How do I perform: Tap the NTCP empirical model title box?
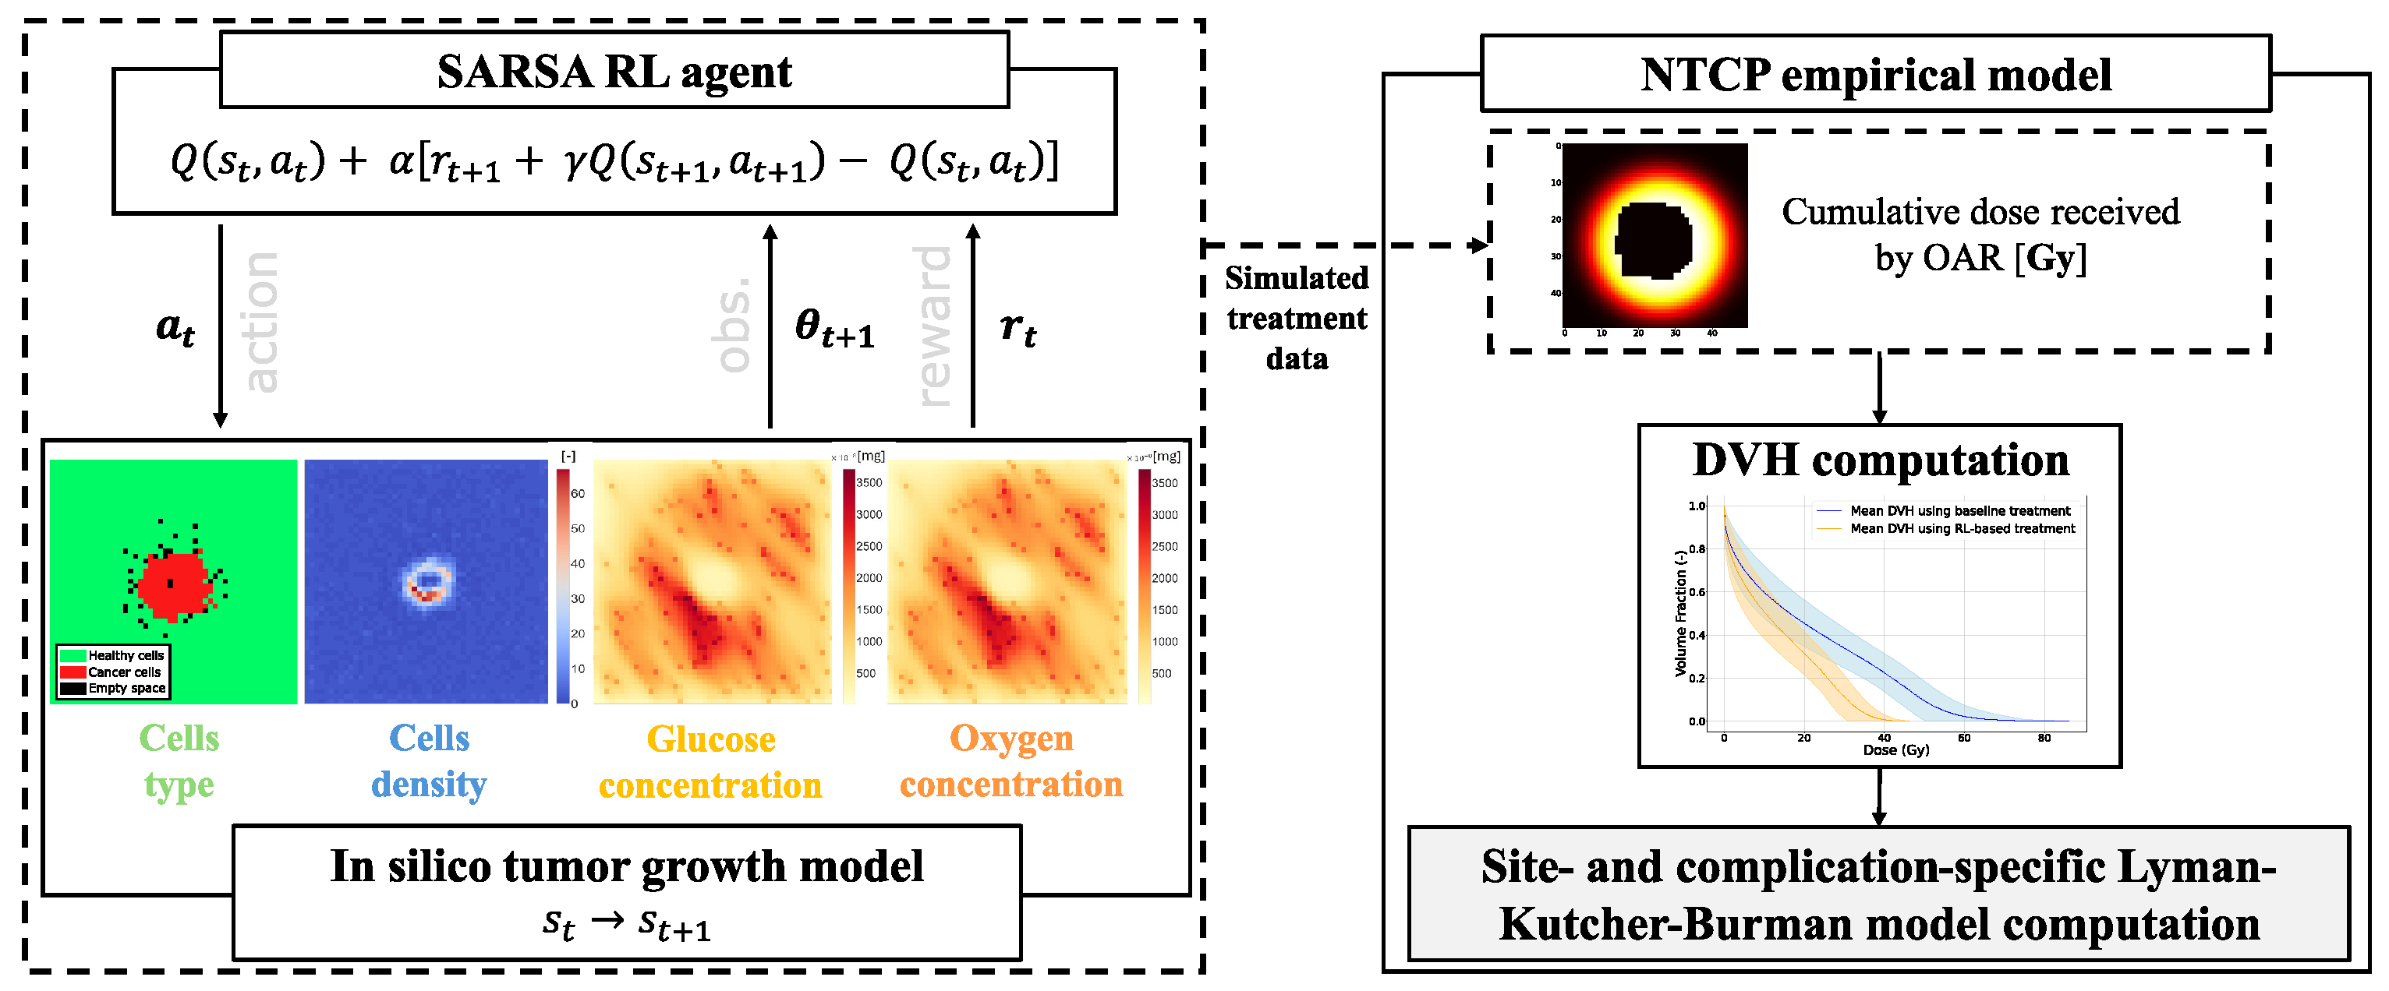[1875, 74]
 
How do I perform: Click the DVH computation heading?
[1880, 460]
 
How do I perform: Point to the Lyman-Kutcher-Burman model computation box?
[1878, 894]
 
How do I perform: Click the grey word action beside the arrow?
[260, 322]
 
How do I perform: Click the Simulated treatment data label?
[1296, 318]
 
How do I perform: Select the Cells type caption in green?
[179, 761]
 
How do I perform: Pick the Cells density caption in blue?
[429, 761]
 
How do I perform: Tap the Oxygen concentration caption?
[1010, 761]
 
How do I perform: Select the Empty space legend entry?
[126, 688]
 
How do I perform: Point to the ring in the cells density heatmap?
[427, 581]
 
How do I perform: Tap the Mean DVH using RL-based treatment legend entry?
[1962, 528]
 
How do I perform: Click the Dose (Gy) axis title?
[1895, 750]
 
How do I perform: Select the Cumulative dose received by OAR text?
[1980, 235]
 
